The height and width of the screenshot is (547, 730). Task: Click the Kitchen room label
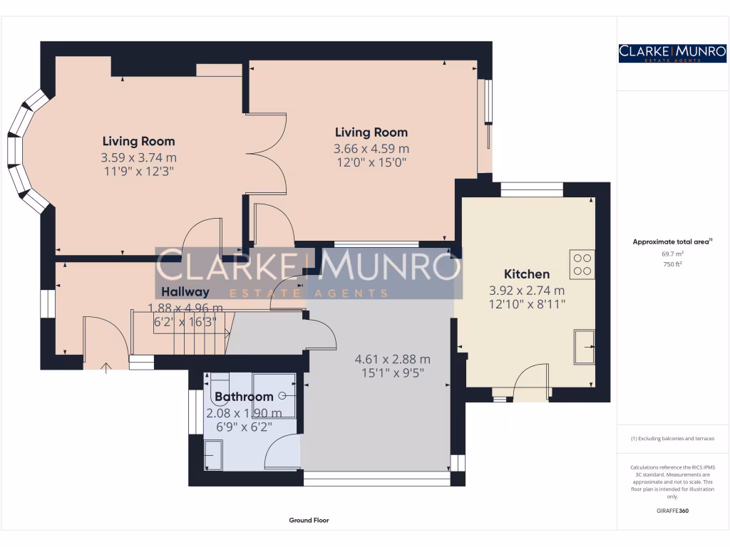pos(527,274)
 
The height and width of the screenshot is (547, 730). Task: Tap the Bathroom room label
pos(244,397)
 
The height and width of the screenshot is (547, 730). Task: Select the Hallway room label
pos(185,291)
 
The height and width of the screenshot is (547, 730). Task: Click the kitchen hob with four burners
pos(581,264)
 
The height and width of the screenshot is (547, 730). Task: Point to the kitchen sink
pos(584,347)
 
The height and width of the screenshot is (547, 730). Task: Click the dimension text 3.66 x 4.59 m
pos(371,149)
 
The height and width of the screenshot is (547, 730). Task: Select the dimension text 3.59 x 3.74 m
pos(138,157)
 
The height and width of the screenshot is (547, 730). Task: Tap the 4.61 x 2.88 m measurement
pos(392,359)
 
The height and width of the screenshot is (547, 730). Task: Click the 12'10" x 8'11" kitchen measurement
pos(526,306)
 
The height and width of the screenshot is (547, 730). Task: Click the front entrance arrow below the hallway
pos(107,368)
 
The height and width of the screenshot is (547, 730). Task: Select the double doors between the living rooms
pos(265,152)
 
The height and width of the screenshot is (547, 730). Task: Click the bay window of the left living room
pos(21,153)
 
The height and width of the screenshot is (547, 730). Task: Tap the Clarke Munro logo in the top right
pos(672,53)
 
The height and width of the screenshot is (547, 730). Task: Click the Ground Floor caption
pos(309,521)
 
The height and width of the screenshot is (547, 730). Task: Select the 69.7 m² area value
pos(672,254)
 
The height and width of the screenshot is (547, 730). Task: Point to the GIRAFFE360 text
pos(672,511)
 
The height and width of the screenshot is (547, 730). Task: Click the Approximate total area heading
pos(671,242)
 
